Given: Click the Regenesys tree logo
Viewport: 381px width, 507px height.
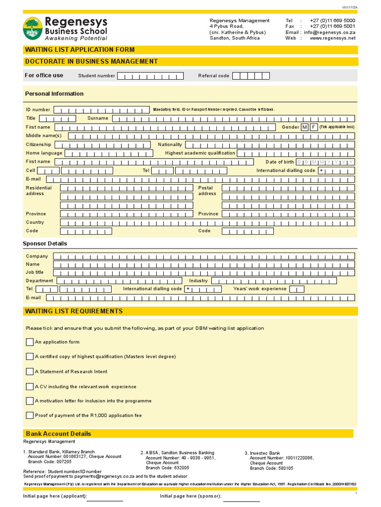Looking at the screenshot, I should (x=33, y=28).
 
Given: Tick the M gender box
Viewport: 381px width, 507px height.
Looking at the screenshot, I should (x=305, y=127).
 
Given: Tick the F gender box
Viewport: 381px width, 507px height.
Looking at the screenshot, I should (x=314, y=127).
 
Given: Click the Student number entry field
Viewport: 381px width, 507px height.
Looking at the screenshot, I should (x=150, y=76).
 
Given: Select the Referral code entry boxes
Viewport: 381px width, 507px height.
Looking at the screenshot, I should (x=251, y=76).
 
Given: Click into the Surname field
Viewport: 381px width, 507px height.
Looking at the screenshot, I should (x=233, y=118).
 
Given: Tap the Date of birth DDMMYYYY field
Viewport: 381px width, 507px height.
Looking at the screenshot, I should (x=325, y=162).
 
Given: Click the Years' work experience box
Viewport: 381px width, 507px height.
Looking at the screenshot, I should (x=297, y=289).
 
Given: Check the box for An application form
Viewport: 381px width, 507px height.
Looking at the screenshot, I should (x=30, y=342).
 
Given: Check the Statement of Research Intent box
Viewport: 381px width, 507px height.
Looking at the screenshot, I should (x=30, y=371).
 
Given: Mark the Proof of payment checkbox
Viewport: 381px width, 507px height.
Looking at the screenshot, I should (x=30, y=415).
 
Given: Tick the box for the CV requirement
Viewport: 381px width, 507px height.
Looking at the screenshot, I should (x=30, y=387).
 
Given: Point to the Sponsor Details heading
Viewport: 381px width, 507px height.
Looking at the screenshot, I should (x=45, y=244).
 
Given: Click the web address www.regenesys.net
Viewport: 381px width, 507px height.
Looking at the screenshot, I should (x=333, y=38).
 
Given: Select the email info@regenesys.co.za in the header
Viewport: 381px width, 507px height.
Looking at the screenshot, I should (x=329, y=32).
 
